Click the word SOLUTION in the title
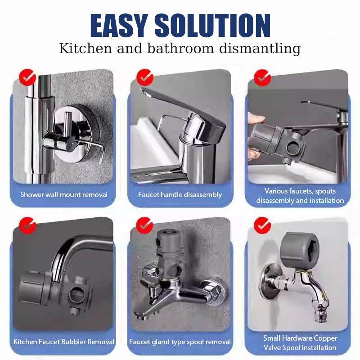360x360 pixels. (x=212, y=25)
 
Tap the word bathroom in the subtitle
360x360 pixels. (x=180, y=49)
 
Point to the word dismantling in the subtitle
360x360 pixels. (x=260, y=49)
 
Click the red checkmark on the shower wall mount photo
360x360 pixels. (x=27, y=77)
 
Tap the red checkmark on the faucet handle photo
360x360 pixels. (x=144, y=77)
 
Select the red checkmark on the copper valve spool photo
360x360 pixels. (x=262, y=225)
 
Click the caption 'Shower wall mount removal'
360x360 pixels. (x=64, y=195)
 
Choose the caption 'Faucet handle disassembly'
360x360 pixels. (x=180, y=195)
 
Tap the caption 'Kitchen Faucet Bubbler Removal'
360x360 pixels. (x=64, y=342)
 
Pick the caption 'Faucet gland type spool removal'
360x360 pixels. (x=180, y=342)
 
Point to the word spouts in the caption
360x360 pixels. (x=325, y=191)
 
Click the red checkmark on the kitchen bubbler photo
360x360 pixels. (x=27, y=225)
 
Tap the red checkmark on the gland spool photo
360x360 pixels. (x=144, y=225)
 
